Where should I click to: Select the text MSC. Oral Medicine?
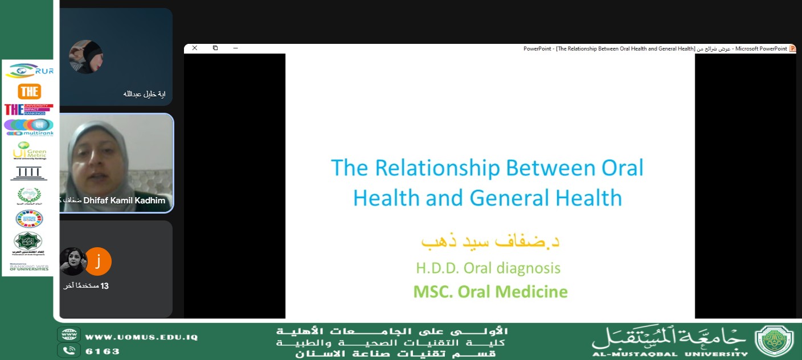[490, 292]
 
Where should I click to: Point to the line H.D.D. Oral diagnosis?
[488, 268]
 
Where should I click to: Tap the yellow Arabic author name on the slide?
[490, 241]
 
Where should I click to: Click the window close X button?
[195, 48]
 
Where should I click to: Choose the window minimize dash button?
[235, 48]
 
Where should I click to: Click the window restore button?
[215, 48]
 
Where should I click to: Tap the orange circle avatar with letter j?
[98, 261]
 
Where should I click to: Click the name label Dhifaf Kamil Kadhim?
[124, 201]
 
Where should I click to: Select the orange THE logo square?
[29, 91]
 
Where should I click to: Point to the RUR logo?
[29, 71]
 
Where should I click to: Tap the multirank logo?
[29, 126]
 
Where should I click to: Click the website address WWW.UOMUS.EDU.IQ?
[141, 337]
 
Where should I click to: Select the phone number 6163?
[103, 351]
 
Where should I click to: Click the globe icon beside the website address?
[69, 335]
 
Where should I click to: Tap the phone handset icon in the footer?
[69, 350]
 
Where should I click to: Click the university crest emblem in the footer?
[774, 341]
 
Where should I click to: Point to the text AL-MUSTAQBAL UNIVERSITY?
[670, 353]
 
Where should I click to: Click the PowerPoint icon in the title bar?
[792, 48]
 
